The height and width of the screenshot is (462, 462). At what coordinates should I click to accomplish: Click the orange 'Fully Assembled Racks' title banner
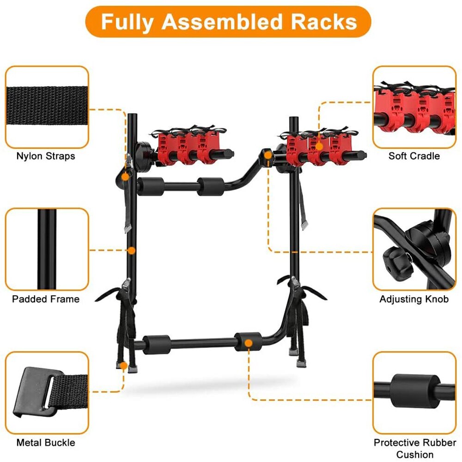(228, 22)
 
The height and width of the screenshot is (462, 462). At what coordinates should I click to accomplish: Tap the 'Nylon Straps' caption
(46, 156)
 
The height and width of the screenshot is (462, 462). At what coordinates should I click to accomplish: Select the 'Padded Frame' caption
(46, 299)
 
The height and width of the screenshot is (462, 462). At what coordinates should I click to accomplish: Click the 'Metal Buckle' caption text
(46, 443)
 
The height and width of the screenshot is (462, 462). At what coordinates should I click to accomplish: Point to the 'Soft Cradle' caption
(414, 156)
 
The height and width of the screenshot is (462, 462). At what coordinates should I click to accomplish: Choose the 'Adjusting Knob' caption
(414, 299)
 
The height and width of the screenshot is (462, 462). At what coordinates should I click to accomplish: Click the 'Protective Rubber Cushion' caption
(414, 448)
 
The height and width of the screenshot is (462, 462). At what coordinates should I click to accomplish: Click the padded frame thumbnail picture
(47, 249)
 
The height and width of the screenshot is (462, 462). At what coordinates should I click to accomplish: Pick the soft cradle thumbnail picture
(414, 107)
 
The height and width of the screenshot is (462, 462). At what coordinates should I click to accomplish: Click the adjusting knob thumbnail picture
(414, 249)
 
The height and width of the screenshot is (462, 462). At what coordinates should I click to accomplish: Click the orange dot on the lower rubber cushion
(249, 343)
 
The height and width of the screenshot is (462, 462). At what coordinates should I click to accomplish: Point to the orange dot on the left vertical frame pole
(132, 250)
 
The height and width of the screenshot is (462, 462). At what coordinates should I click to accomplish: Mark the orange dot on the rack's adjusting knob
(267, 156)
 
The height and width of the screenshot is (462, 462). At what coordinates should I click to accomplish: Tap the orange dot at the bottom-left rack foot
(124, 365)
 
